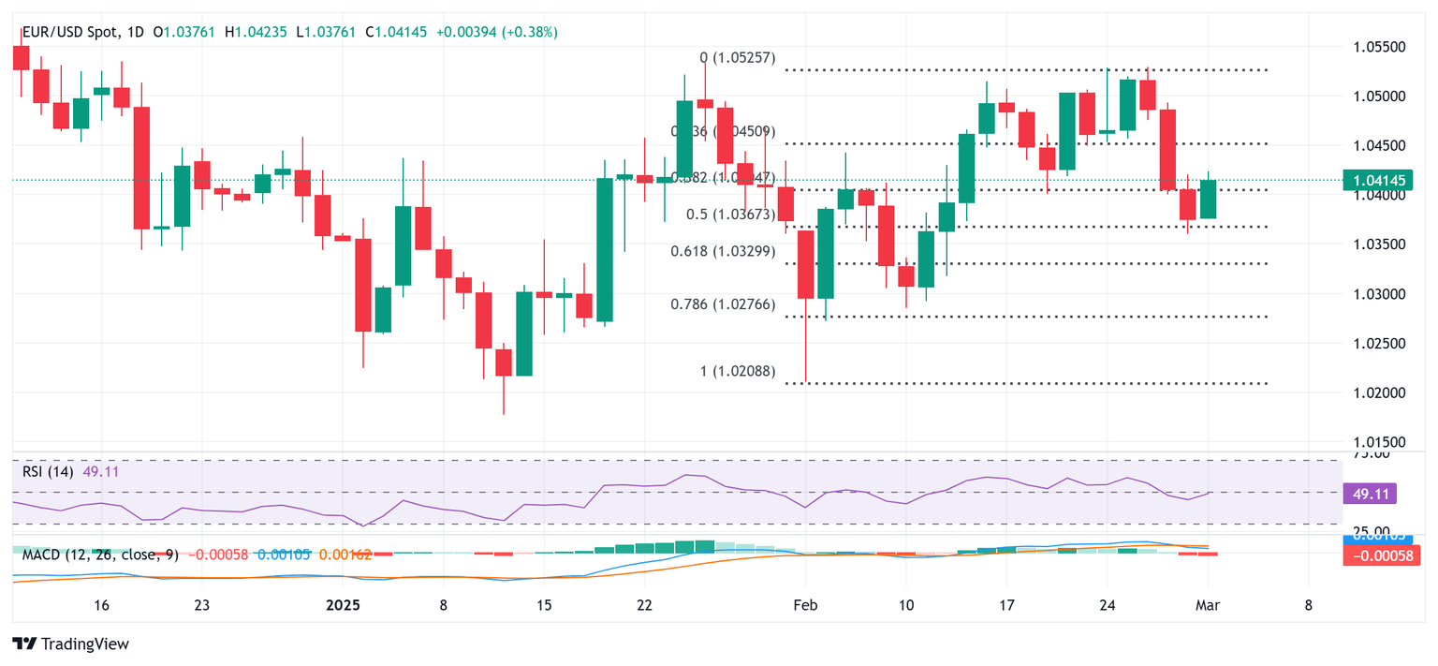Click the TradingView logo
point(71,644)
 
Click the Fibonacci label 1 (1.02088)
point(738,371)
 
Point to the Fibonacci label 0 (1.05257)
point(738,57)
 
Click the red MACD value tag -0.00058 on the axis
point(1372,555)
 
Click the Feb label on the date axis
point(804,605)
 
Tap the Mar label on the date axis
point(1208,605)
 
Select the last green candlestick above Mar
point(1209,199)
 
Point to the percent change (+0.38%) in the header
point(531,32)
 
